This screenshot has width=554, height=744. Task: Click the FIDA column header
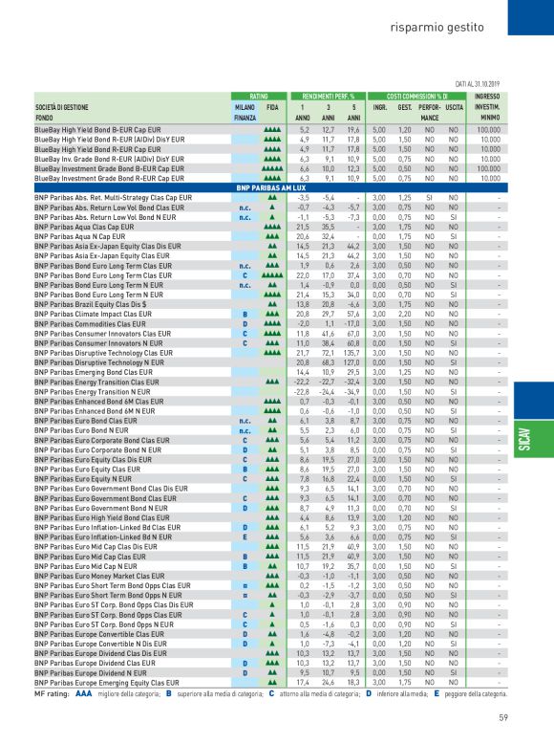[x=272, y=106]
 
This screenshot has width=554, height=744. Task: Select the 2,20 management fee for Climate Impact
[x=404, y=313]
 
